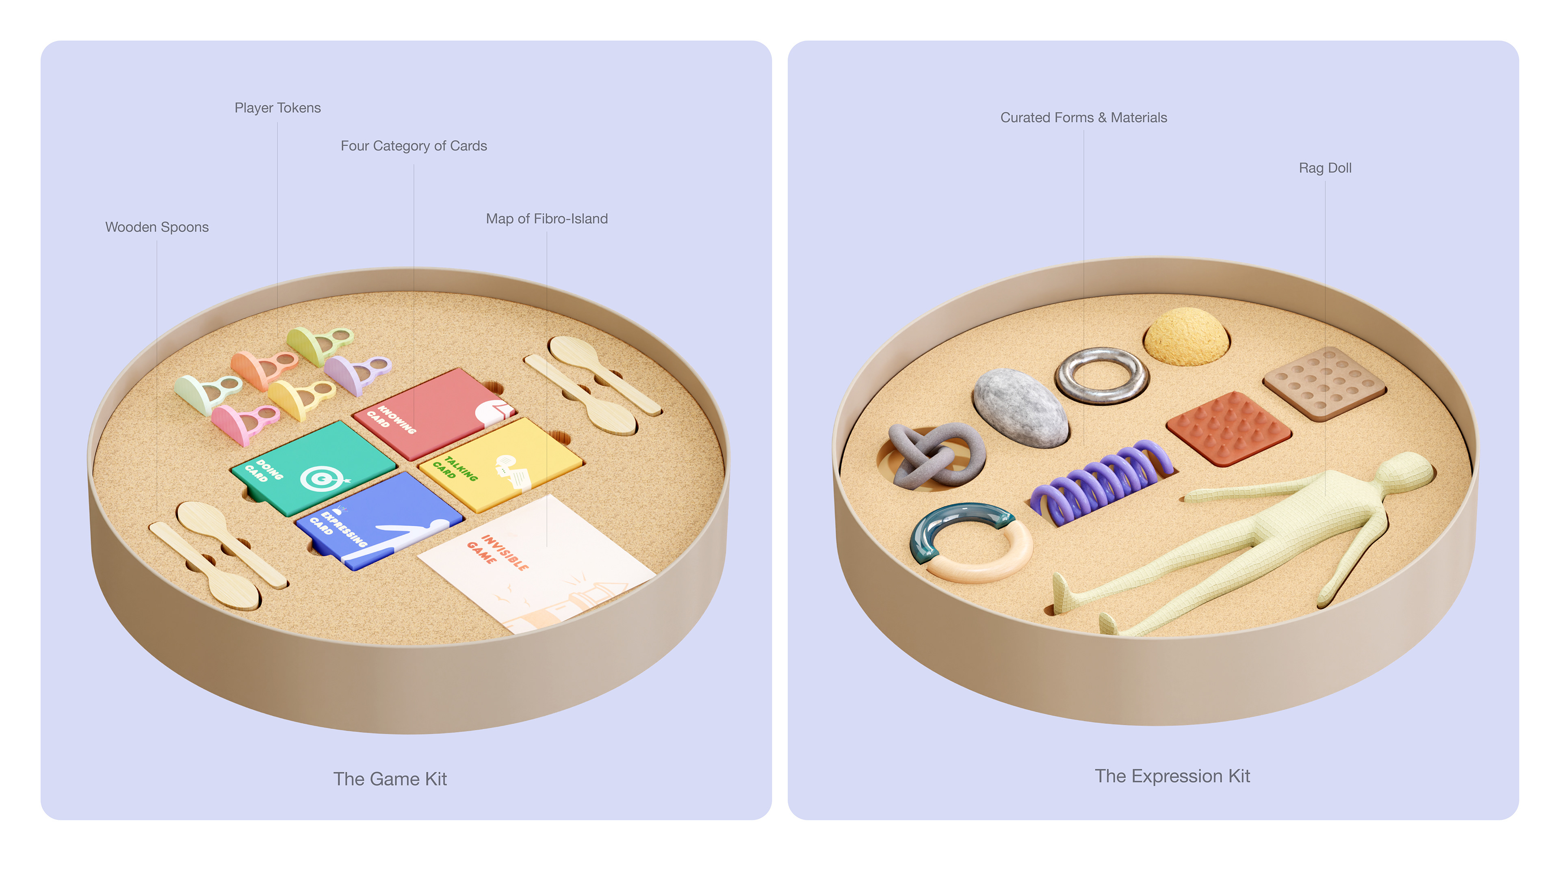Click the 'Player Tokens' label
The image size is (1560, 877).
pyautogui.click(x=277, y=108)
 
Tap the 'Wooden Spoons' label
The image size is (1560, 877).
pyautogui.click(x=157, y=227)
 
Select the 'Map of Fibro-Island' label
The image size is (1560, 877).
pyautogui.click(x=546, y=218)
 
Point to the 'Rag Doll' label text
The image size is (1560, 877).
pyautogui.click(x=1324, y=168)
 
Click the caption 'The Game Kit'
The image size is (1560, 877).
pyautogui.click(x=390, y=779)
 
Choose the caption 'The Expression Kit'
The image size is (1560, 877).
pyautogui.click(x=1172, y=776)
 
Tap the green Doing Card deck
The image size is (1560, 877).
pyautogui.click(x=312, y=466)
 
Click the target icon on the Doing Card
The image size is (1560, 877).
pyautogui.click(x=321, y=479)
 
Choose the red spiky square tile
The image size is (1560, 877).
pyautogui.click(x=1228, y=427)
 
